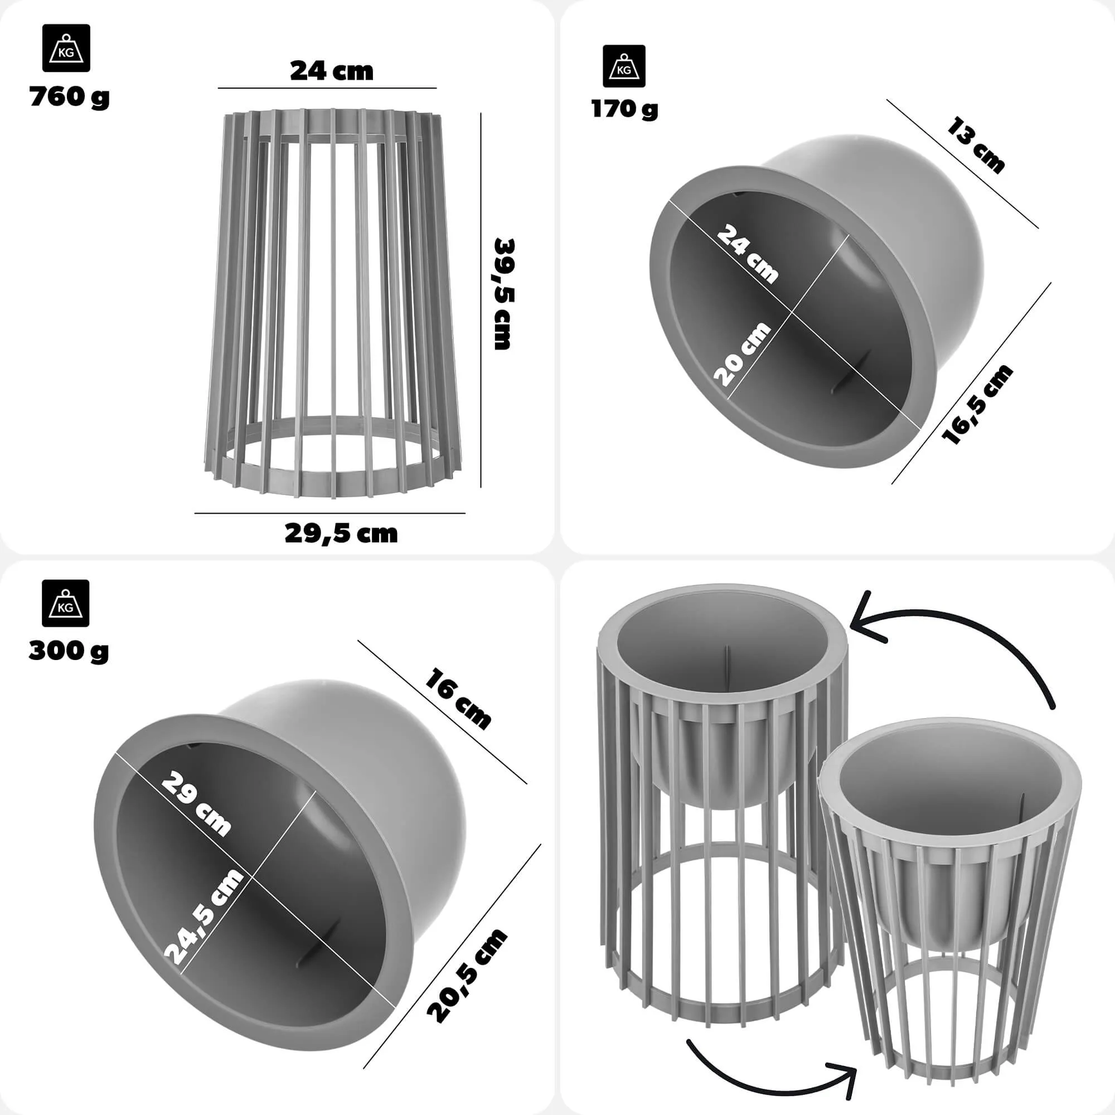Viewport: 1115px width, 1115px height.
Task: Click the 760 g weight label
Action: (x=69, y=97)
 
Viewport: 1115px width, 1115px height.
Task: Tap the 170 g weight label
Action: (x=624, y=109)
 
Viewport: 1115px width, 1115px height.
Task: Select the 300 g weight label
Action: (x=68, y=651)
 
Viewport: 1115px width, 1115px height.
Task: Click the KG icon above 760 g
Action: (x=66, y=48)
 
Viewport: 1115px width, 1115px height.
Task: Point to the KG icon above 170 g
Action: (x=624, y=66)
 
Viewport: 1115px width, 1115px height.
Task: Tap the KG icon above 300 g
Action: (x=65, y=603)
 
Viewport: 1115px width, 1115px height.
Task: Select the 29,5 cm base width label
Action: (x=341, y=534)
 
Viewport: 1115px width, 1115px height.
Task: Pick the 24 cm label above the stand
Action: (x=331, y=71)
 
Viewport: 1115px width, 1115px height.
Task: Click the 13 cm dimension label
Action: (x=976, y=145)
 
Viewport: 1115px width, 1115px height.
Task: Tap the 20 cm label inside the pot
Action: (x=742, y=354)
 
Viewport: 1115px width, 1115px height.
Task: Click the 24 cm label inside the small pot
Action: (x=748, y=254)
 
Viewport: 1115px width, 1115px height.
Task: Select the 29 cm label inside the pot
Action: (x=197, y=804)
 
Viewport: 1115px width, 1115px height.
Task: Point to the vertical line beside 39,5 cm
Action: (x=481, y=300)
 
